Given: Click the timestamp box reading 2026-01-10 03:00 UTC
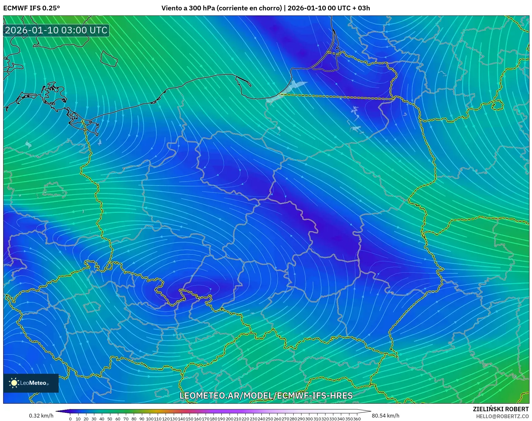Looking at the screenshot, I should (x=56, y=30).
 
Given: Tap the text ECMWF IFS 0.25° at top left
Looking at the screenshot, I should (x=32, y=8).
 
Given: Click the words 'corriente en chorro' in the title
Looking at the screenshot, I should (x=249, y=8).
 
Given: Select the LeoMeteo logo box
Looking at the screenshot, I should (x=31, y=383).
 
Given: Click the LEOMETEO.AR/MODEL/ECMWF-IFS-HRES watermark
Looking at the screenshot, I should (x=266, y=395).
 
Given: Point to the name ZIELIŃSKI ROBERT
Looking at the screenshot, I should (x=500, y=409).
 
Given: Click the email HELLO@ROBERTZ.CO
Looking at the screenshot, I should (x=502, y=416).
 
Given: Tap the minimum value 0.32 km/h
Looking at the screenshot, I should (x=41, y=416).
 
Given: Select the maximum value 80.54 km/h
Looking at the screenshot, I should (x=385, y=416).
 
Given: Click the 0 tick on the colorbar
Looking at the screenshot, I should (x=70, y=419).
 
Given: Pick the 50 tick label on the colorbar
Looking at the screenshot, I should (x=110, y=419).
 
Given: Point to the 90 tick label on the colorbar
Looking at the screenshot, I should (x=142, y=419).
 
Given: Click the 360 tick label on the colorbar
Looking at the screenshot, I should (x=357, y=419).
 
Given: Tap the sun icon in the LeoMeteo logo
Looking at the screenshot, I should (x=14, y=383).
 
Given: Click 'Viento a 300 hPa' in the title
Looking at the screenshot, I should (x=188, y=8).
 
